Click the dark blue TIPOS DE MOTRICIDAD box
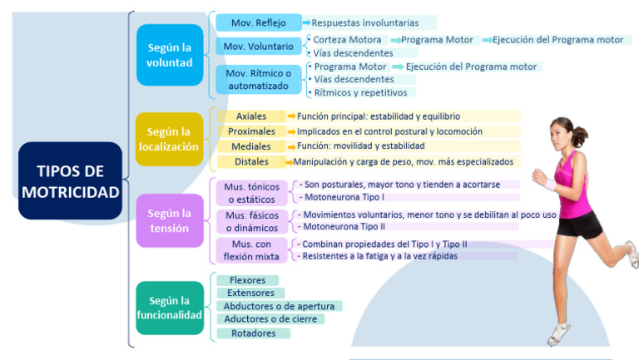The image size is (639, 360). coord(70,180)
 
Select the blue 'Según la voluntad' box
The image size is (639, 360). coord(170,54)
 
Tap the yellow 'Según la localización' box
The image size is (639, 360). coord(170,139)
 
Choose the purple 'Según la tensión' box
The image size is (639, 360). coord(170,220)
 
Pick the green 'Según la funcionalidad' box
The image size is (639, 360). coord(170,308)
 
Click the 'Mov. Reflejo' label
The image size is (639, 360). coord(258,22)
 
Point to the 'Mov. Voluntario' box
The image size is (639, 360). coord(258,47)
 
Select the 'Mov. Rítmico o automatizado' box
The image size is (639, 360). coord(258,79)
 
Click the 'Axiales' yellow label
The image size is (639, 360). coord(251,116)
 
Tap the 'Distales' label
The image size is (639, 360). coord(251,161)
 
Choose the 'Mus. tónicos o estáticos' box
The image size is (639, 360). coord(252,193)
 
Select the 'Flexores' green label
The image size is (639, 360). coord(247,280)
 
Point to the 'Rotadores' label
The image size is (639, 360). coord(254,333)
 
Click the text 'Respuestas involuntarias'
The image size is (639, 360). coord(365,22)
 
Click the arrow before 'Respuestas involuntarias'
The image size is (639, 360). coord(306,22)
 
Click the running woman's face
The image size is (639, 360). coord(561,134)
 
